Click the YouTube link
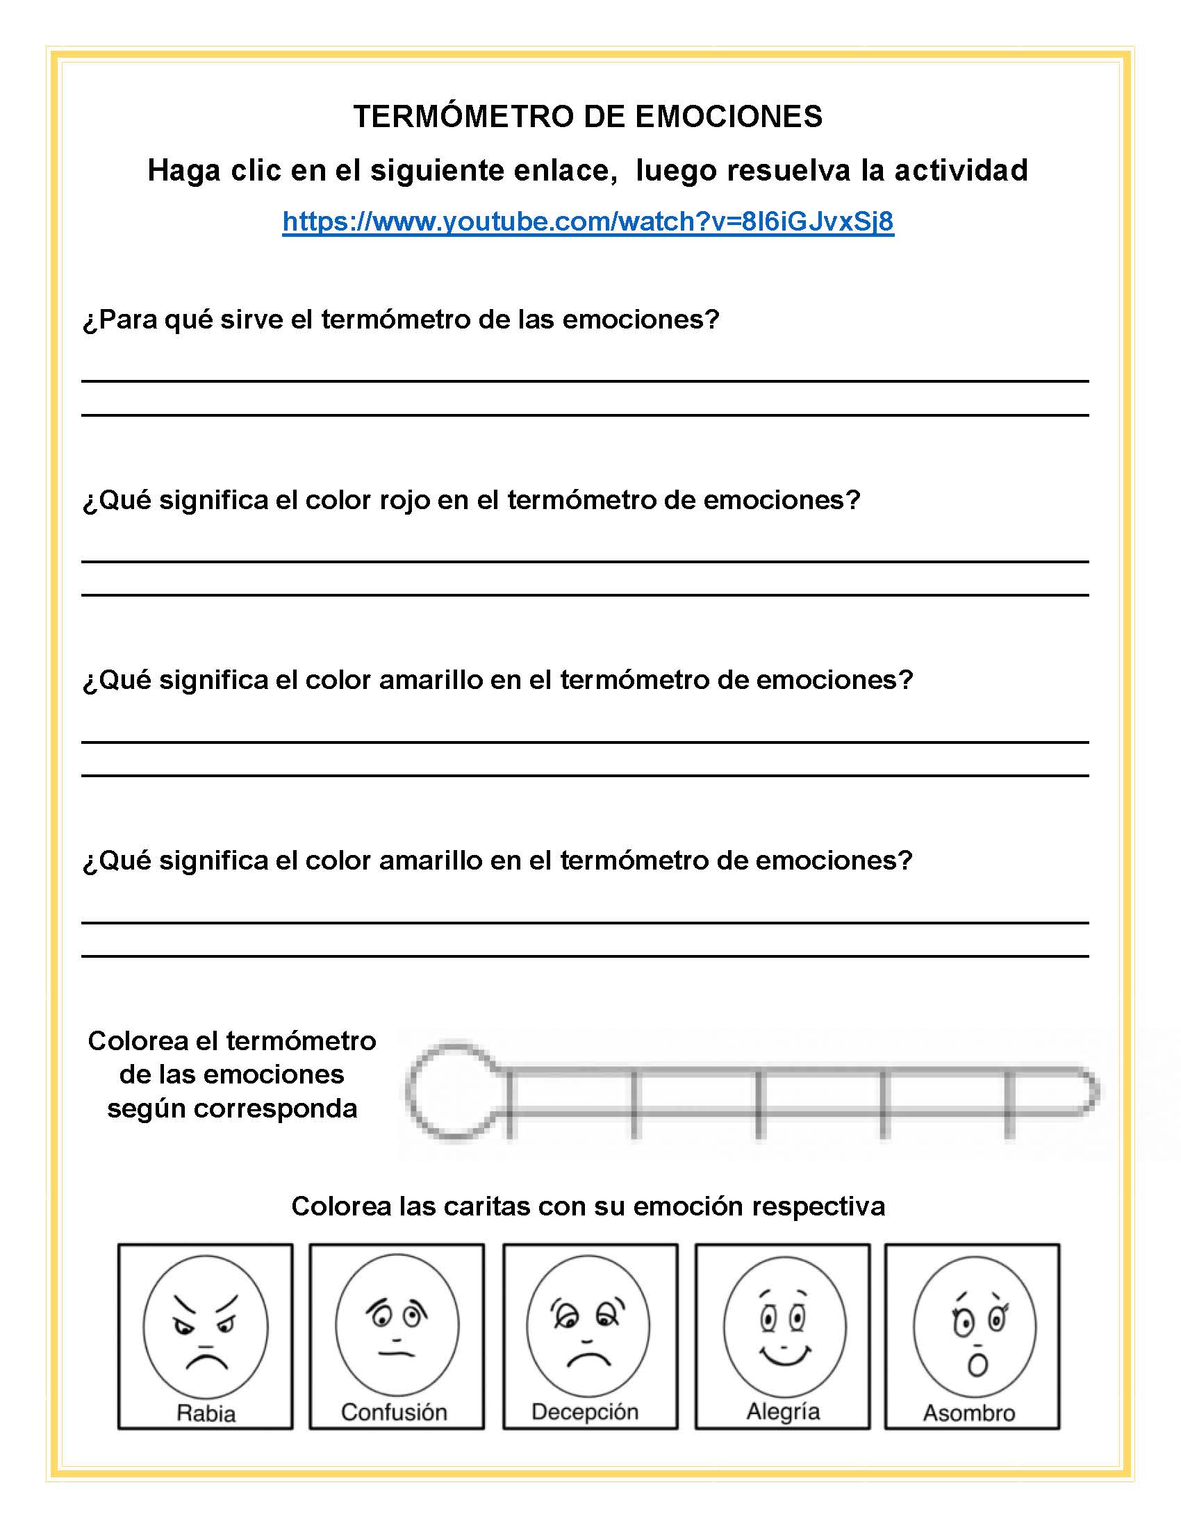[588, 222]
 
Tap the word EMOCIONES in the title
[729, 117]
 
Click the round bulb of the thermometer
[454, 1090]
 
